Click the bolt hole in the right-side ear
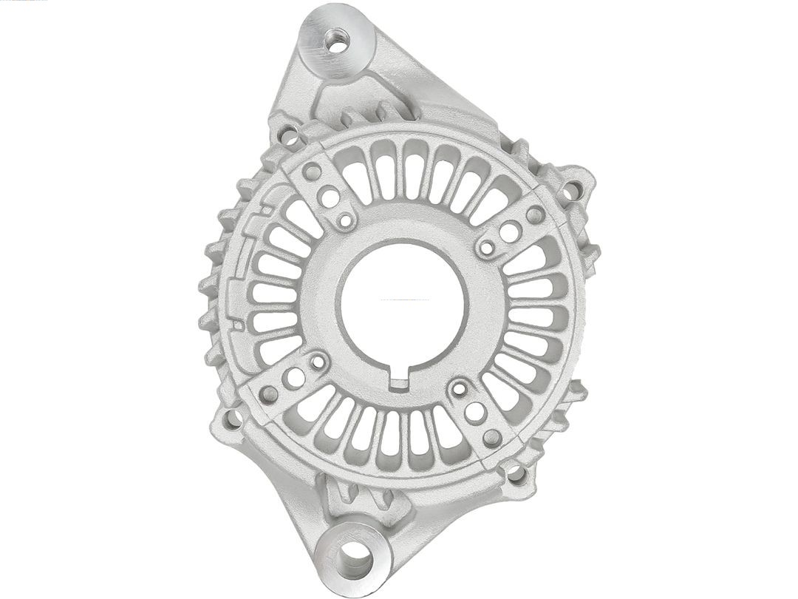tap(571, 192)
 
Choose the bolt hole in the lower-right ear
tap(515, 473)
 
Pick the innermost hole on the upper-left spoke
tap(345, 220)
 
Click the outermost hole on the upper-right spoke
tap(535, 214)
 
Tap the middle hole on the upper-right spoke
tap(510, 231)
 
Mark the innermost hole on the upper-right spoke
tap(487, 247)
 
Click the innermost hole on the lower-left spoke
tap(318, 362)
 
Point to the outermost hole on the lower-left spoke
tap(270, 394)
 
